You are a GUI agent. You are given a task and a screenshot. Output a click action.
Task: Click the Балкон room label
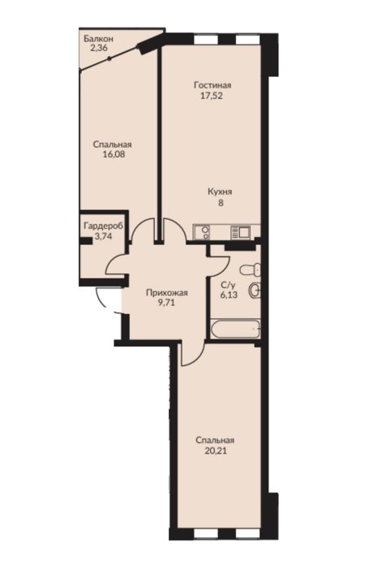point(98,38)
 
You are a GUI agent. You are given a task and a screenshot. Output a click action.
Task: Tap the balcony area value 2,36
point(98,48)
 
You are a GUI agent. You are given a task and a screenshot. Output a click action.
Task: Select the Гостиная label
point(212,85)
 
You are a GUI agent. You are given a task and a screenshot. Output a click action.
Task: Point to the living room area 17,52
point(212,96)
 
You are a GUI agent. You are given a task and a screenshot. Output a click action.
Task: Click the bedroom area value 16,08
point(112,155)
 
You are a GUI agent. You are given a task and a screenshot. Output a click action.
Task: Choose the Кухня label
point(220,192)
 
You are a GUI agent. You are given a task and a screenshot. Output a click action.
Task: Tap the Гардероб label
point(103,226)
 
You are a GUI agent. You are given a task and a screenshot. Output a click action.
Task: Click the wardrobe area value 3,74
point(103,237)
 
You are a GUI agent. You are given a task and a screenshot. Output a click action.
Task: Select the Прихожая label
point(166,293)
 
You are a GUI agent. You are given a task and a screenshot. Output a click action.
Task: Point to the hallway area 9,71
point(166,303)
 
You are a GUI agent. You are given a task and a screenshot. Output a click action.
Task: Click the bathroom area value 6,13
point(229,295)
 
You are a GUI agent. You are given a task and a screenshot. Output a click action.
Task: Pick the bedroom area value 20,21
point(215,451)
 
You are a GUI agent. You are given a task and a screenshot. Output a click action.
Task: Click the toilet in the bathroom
point(250,269)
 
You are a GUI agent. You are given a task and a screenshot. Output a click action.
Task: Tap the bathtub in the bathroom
point(235,329)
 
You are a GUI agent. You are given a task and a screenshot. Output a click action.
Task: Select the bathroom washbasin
point(255,290)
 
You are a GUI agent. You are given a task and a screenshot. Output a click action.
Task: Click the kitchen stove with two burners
point(202,232)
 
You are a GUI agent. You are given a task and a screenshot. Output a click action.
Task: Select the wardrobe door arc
point(115,265)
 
